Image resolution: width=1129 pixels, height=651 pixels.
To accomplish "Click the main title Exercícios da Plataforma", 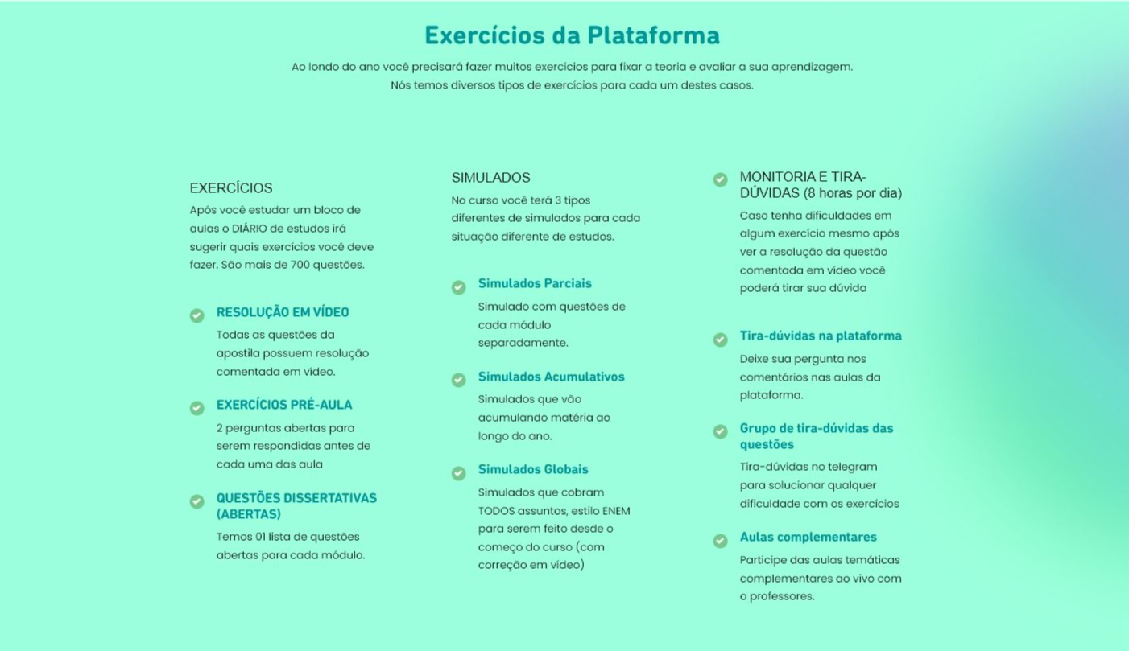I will [572, 35].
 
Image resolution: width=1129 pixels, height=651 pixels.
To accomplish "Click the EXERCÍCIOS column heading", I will [231, 188].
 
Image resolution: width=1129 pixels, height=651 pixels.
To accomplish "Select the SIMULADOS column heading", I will [490, 178].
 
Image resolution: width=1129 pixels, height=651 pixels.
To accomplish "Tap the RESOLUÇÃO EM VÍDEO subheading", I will [283, 312].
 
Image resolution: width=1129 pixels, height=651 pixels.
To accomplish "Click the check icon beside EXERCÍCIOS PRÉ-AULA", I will [196, 408].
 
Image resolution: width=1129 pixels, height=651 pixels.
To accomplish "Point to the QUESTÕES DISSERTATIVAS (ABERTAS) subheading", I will [296, 506].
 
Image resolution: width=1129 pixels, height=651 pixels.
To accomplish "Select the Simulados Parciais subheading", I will [535, 283].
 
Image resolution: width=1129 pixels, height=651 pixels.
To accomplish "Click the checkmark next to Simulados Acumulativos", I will [458, 380].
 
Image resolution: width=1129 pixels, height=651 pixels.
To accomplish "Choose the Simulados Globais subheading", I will [533, 469].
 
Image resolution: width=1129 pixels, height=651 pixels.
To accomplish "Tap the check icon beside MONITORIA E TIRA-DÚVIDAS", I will [720, 179].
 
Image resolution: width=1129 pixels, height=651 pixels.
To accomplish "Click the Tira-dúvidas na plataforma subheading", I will [821, 336].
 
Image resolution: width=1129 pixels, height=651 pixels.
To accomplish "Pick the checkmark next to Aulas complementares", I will [720, 541].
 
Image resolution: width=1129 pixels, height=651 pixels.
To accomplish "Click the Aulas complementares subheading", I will [808, 537].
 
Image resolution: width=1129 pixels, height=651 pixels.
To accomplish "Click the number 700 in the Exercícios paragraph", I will [301, 265].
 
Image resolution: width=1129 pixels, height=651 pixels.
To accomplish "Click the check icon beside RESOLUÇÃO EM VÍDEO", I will [196, 315].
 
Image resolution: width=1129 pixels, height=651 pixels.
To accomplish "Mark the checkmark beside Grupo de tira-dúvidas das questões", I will [720, 431].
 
